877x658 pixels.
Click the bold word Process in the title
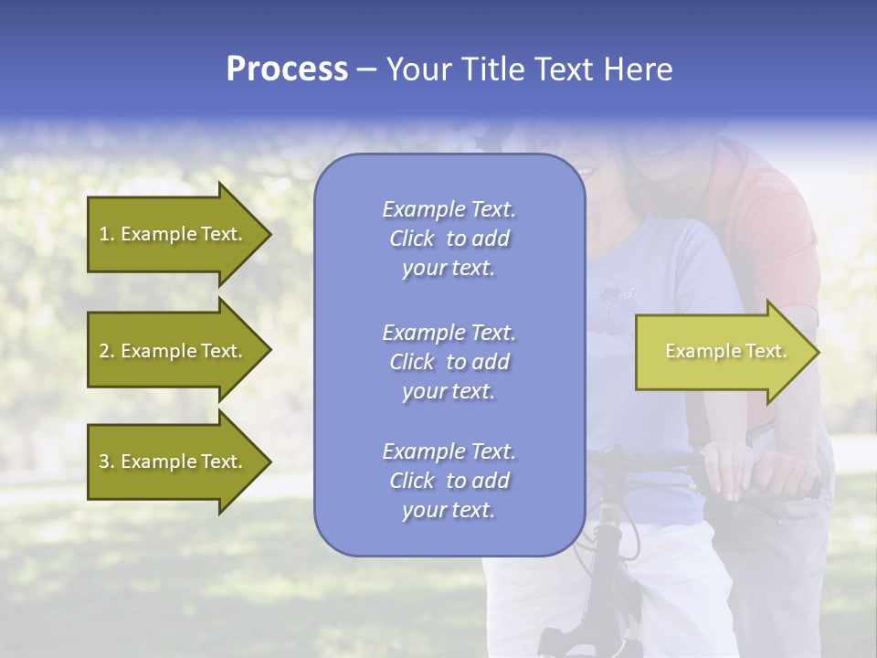[x=287, y=69]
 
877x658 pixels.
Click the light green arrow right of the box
[x=722, y=352]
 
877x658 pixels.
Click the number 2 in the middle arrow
[x=104, y=351]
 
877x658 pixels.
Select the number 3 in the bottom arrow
[x=104, y=462]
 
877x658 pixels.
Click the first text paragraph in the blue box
[x=449, y=239]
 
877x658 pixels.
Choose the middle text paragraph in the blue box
[x=449, y=362]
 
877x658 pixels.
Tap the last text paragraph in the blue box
[x=449, y=481]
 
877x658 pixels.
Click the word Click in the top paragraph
[x=412, y=239]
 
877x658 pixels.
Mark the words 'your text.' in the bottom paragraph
[x=449, y=511]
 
